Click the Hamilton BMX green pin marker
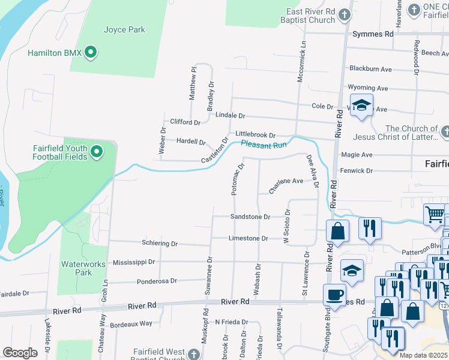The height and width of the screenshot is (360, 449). click(x=91, y=53)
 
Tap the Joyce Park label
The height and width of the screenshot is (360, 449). click(x=124, y=29)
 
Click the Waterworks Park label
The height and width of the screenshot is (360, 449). click(x=83, y=268)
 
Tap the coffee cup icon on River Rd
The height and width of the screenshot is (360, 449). click(x=334, y=295)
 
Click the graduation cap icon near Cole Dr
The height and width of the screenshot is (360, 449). click(x=361, y=106)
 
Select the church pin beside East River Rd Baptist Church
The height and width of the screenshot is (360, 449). click(x=344, y=15)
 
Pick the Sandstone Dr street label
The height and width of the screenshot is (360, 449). click(x=250, y=217)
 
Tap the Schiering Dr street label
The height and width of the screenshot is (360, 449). click(x=160, y=244)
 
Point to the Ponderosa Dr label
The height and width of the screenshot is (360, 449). click(x=157, y=280)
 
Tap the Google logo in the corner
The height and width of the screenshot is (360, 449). click(x=20, y=352)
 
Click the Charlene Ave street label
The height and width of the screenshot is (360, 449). click(x=286, y=184)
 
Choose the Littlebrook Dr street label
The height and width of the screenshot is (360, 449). click(x=255, y=134)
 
